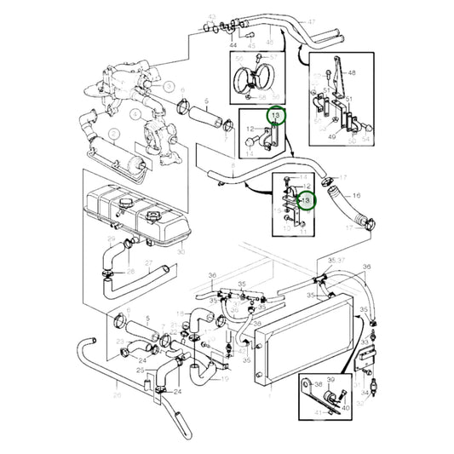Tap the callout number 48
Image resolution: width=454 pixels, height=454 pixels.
(x=352, y=75)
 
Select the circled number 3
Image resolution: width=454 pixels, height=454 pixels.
(x=170, y=87)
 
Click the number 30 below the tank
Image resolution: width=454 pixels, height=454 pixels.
(x=181, y=252)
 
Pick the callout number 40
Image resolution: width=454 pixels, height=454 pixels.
(x=347, y=408)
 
